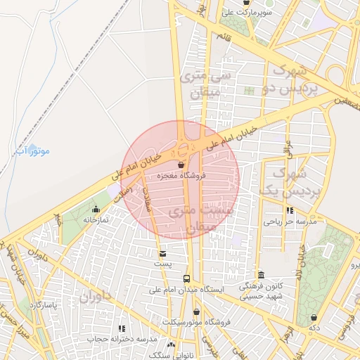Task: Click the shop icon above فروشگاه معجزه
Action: [x=181, y=165]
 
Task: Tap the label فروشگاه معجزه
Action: [x=181, y=175]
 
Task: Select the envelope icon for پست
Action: [x=163, y=253]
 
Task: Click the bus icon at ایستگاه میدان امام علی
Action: [x=186, y=278]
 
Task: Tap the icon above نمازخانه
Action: [x=96, y=210]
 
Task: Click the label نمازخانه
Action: [x=96, y=220]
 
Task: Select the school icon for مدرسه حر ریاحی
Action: [x=290, y=210]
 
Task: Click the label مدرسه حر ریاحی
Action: [x=290, y=221]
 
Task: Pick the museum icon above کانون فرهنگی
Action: [x=261, y=275]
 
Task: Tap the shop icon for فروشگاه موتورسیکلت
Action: [x=196, y=311]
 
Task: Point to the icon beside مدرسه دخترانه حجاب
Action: [x=122, y=328]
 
